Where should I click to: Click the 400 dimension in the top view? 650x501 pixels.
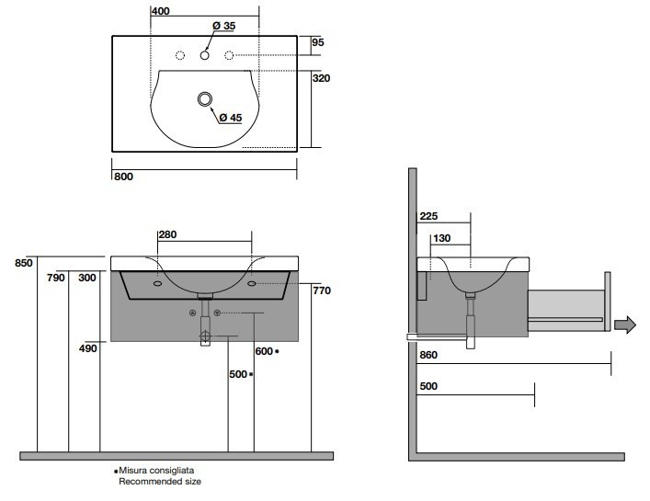coord(161,11)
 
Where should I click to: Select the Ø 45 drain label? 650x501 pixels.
coord(229,117)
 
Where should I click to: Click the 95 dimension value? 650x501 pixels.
coord(318,42)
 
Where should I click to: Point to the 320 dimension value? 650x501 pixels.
coord(321,78)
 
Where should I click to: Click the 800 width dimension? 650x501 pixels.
coord(123,176)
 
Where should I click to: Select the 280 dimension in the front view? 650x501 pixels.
coord(167,235)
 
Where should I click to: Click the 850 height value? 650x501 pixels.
coord(24,263)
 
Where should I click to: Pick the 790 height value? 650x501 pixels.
coord(56,278)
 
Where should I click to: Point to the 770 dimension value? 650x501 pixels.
coord(321,290)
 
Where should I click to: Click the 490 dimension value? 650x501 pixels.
coord(88,348)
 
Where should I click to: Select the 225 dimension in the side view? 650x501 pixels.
coord(428,217)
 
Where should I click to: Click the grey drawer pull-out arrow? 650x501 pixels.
coord(627,325)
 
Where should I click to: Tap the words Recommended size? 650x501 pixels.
coord(158,481)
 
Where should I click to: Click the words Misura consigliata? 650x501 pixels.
coord(157,470)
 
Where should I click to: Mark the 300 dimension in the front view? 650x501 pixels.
coord(87,278)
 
